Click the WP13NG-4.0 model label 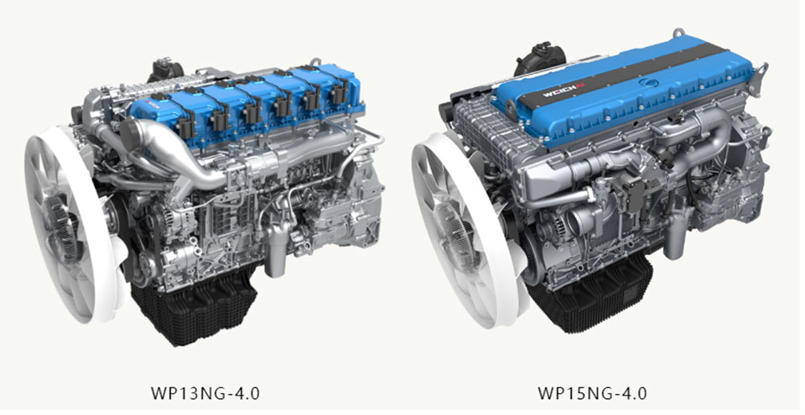click(x=205, y=393)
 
